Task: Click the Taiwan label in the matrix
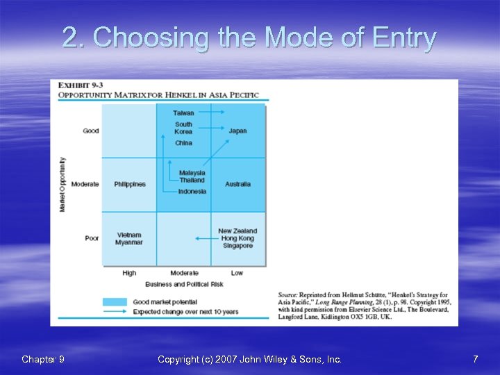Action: tap(184, 112)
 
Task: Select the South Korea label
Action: tap(184, 128)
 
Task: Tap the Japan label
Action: tap(237, 131)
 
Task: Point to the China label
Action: tap(184, 143)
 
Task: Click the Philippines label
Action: tap(130, 184)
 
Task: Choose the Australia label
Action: tap(237, 184)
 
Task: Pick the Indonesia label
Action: tap(192, 192)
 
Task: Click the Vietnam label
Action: tap(129, 235)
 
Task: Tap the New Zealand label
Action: tap(237, 231)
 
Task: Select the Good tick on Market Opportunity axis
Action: tap(91, 131)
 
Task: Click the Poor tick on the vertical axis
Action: tap(92, 238)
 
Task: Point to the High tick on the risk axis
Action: tap(129, 273)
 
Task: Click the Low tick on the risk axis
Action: tap(237, 273)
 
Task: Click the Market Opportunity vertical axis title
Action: tap(62, 184)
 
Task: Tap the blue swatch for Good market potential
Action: tap(115, 302)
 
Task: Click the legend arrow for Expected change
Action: tap(115, 312)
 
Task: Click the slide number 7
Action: tap(475, 359)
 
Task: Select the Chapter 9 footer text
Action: tap(43, 359)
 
